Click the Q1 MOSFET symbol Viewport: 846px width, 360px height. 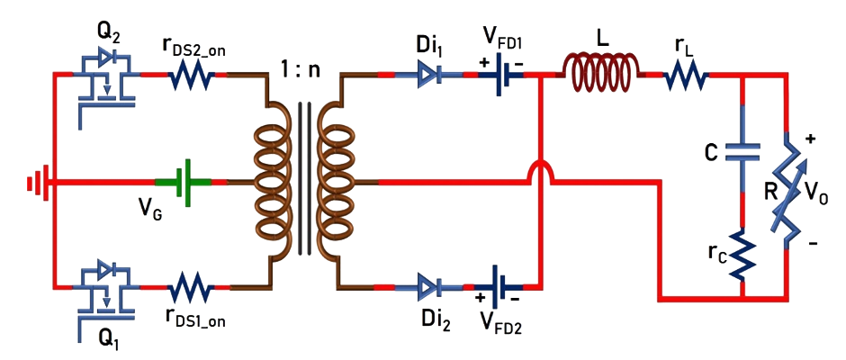click(x=107, y=286)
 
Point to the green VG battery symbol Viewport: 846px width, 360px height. click(x=184, y=181)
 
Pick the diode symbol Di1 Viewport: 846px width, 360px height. click(x=429, y=77)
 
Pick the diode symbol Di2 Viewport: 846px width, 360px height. click(x=429, y=286)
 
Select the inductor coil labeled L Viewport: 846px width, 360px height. click(x=601, y=67)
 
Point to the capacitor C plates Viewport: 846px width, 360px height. click(x=742, y=154)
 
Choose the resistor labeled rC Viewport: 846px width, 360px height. click(x=742, y=256)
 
